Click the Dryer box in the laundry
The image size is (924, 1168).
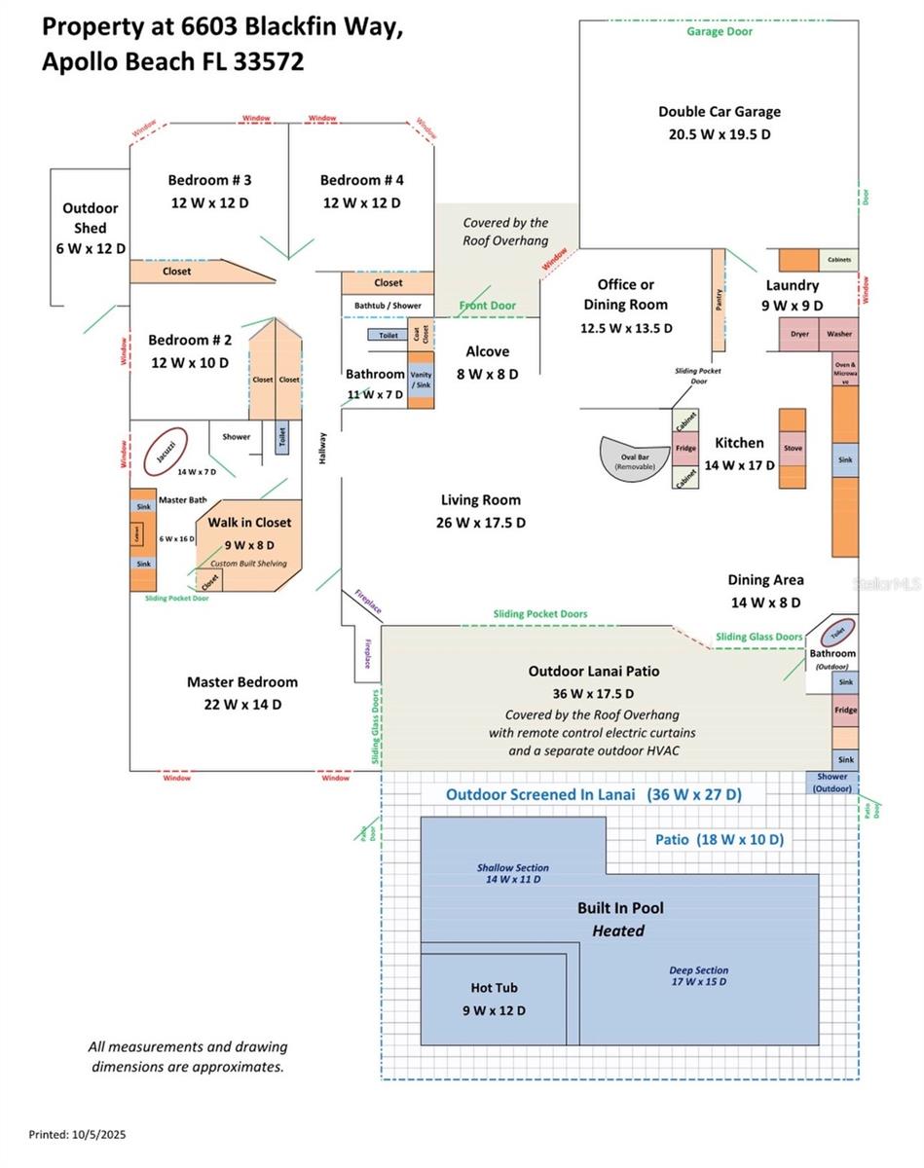click(799, 334)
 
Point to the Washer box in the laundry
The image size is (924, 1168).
click(839, 334)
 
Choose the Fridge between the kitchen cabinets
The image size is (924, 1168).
click(686, 449)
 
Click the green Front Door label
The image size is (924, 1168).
click(487, 306)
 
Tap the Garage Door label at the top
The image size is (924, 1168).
click(720, 31)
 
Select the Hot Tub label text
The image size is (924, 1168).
click(494, 988)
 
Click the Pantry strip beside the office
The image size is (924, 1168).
click(719, 301)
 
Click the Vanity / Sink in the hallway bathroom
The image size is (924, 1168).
click(422, 381)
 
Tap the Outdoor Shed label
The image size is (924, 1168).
click(91, 228)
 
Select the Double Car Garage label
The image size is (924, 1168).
click(719, 112)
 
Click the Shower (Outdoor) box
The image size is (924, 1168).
click(832, 782)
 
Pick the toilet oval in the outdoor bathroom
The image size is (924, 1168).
click(837, 633)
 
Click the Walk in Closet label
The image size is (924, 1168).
click(249, 523)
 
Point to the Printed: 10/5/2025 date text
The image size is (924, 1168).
click(77, 1135)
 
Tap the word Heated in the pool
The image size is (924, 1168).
click(618, 931)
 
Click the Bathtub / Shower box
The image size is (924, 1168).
click(388, 306)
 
